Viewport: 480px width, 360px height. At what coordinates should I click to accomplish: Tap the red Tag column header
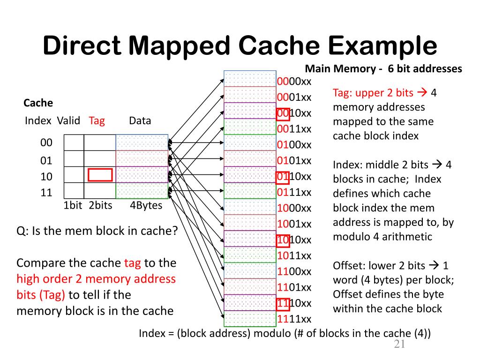pyautogui.click(x=97, y=121)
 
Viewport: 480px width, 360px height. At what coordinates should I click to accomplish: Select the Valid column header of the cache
pyautogui.click(x=68, y=120)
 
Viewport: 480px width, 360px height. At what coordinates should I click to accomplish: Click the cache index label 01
pyautogui.click(x=46, y=160)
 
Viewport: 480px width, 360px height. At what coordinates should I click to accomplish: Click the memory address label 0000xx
pyautogui.click(x=294, y=82)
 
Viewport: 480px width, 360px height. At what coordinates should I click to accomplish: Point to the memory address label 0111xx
pyautogui.click(x=294, y=192)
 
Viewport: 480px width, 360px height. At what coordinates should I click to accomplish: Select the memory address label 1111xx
pyautogui.click(x=294, y=319)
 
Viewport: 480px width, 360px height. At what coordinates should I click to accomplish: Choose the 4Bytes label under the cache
pyautogui.click(x=146, y=205)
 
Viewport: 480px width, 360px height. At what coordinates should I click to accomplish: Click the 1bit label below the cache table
pyautogui.click(x=73, y=205)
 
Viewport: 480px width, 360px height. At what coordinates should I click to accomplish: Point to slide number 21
pyautogui.click(x=399, y=344)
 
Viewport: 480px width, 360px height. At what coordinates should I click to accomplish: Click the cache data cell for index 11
pyautogui.click(x=142, y=190)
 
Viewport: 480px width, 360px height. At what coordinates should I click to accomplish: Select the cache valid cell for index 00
pyautogui.click(x=74, y=142)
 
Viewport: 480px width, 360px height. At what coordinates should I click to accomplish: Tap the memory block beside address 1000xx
pyautogui.click(x=250, y=206)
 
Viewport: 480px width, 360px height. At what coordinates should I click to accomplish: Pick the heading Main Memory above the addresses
pyautogui.click(x=340, y=68)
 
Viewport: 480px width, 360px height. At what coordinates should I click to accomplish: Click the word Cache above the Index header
pyautogui.click(x=38, y=103)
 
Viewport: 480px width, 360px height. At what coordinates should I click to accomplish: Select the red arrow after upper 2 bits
pyautogui.click(x=422, y=92)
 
